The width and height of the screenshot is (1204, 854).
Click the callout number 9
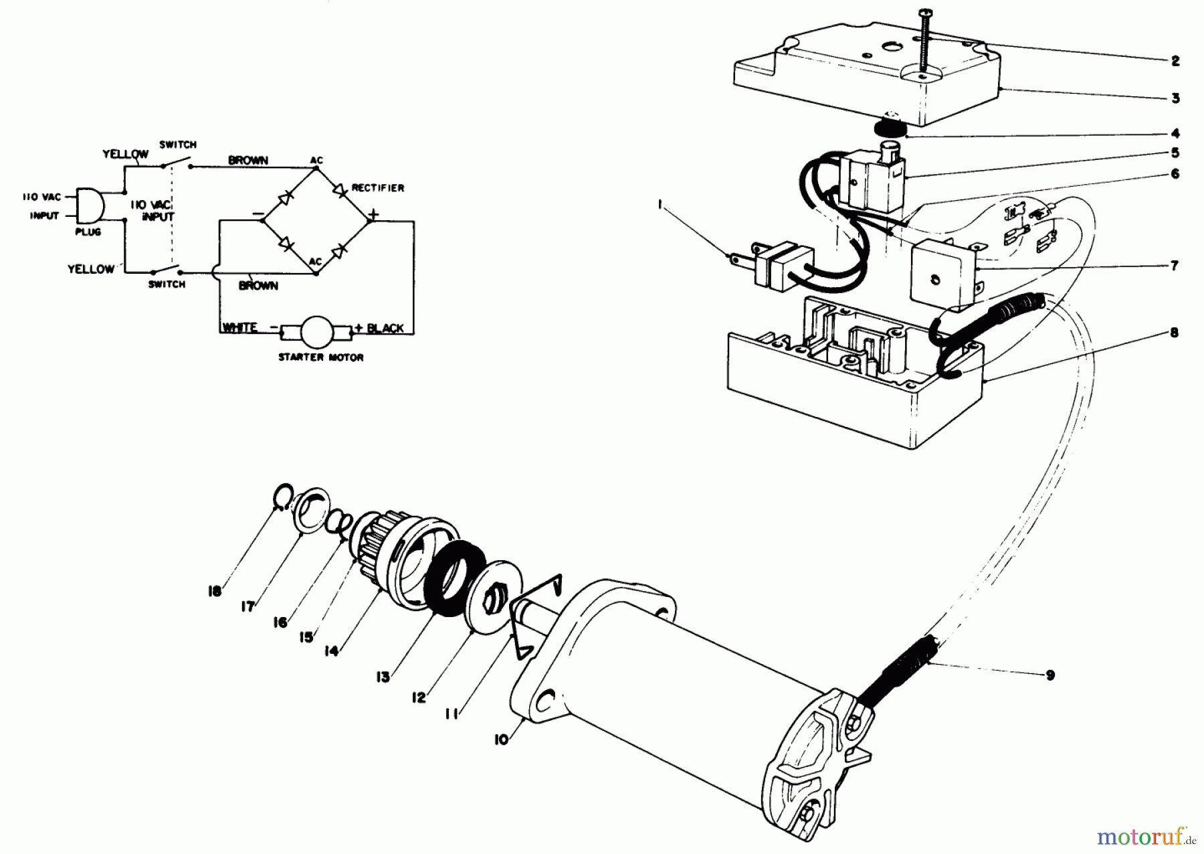[1049, 675]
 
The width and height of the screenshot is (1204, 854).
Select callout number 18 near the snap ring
[214, 592]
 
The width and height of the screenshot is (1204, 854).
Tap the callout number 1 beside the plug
[660, 207]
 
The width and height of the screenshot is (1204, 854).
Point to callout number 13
[383, 677]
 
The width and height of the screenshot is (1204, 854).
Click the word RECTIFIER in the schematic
[378, 188]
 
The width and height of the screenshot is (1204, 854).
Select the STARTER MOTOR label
[321, 357]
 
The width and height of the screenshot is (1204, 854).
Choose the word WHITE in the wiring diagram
[239, 327]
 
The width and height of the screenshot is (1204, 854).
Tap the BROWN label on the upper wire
[248, 161]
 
